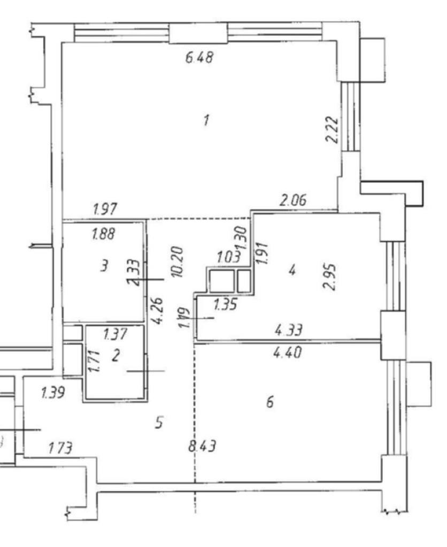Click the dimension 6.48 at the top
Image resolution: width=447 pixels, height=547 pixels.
pyautogui.click(x=199, y=57)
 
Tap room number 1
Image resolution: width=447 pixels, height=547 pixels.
pyautogui.click(x=206, y=120)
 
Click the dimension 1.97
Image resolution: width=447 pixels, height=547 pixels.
pyautogui.click(x=105, y=209)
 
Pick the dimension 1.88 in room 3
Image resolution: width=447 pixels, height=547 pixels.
pyautogui.click(x=103, y=233)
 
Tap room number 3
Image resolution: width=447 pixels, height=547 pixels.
pyautogui.click(x=105, y=265)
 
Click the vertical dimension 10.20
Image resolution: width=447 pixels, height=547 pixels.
pyautogui.click(x=179, y=261)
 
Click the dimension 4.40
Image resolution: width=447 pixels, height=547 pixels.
pyautogui.click(x=287, y=353)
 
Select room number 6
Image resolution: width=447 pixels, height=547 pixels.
pyautogui.click(x=270, y=402)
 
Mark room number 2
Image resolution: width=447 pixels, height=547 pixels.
pyautogui.click(x=115, y=356)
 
